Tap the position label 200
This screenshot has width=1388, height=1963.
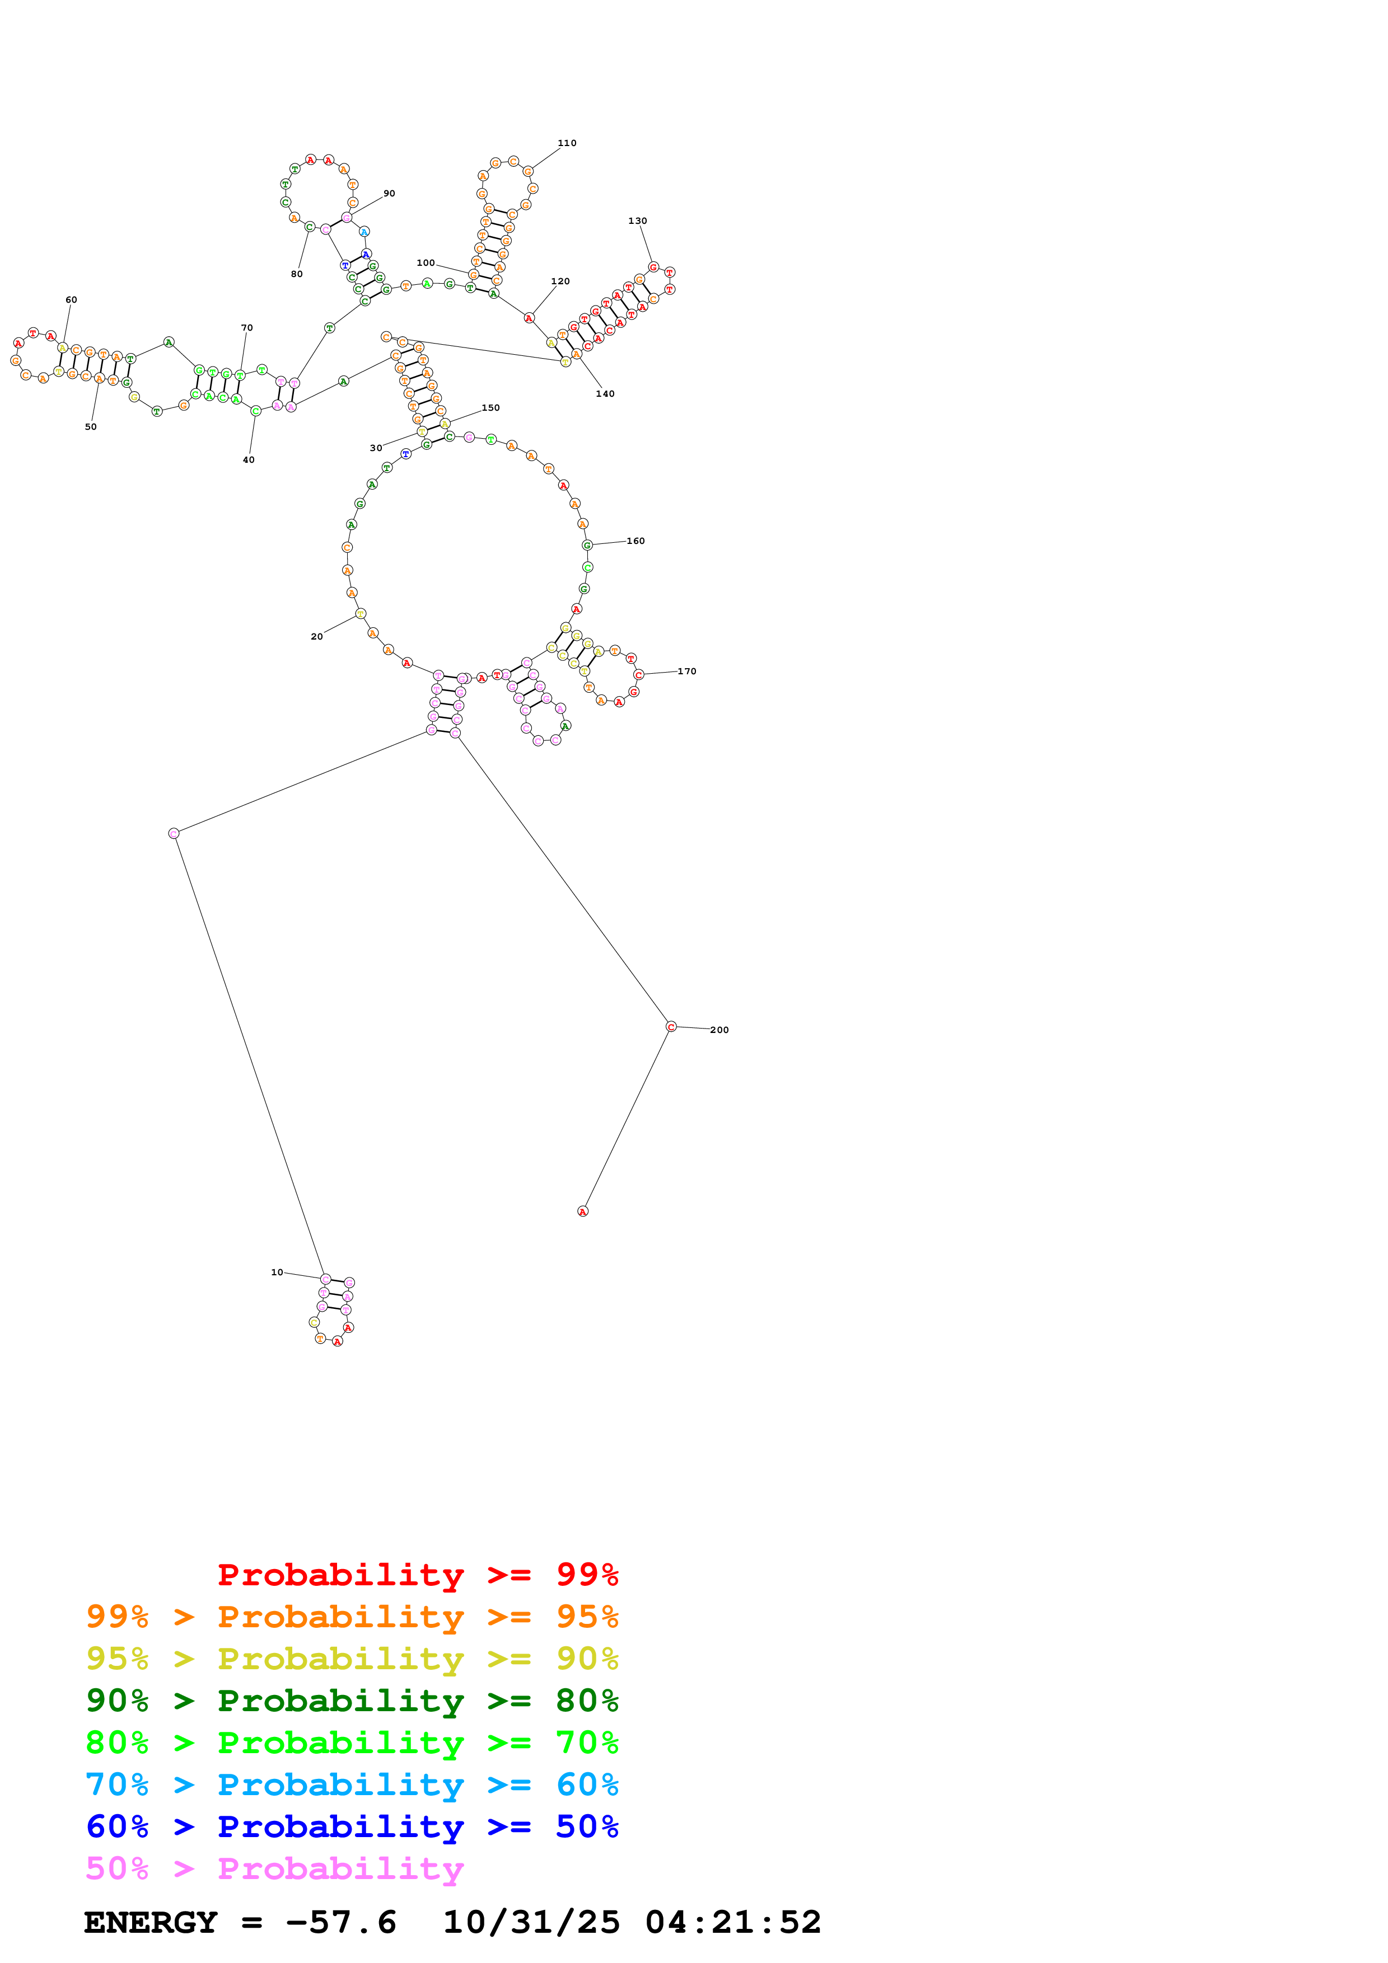point(719,1030)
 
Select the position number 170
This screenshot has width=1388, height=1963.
point(687,671)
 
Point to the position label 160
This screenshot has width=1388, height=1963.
point(635,541)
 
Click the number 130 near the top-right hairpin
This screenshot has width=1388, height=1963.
point(637,220)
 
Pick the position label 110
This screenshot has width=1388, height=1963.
point(567,143)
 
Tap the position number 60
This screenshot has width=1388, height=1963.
point(71,300)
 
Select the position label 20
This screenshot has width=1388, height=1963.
point(316,637)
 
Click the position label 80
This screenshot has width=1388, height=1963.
point(297,274)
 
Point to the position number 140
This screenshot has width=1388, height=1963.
point(605,394)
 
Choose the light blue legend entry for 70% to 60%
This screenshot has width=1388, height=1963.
point(352,1784)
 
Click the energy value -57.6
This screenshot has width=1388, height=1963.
point(341,1922)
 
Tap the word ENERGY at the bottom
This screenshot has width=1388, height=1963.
point(151,1922)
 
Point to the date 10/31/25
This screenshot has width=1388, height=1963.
point(531,1922)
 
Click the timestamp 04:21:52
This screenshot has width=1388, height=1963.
point(733,1922)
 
